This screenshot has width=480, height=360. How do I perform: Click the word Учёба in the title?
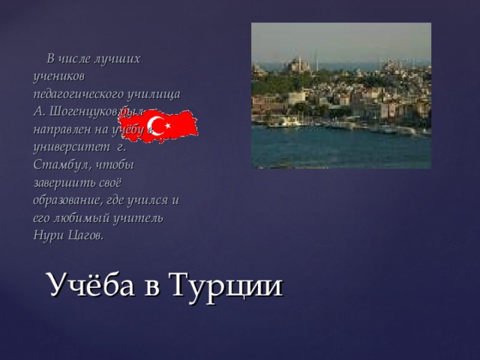point(95,285)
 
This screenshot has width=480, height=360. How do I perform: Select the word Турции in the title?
point(226,285)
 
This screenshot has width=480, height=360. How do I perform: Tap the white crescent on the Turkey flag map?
point(157,124)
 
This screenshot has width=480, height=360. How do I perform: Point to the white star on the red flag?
point(169,127)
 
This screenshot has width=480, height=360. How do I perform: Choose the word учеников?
point(59,76)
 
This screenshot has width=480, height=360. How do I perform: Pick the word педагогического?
point(82,93)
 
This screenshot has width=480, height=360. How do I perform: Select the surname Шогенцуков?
point(87,110)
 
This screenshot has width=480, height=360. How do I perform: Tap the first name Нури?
point(46,235)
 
